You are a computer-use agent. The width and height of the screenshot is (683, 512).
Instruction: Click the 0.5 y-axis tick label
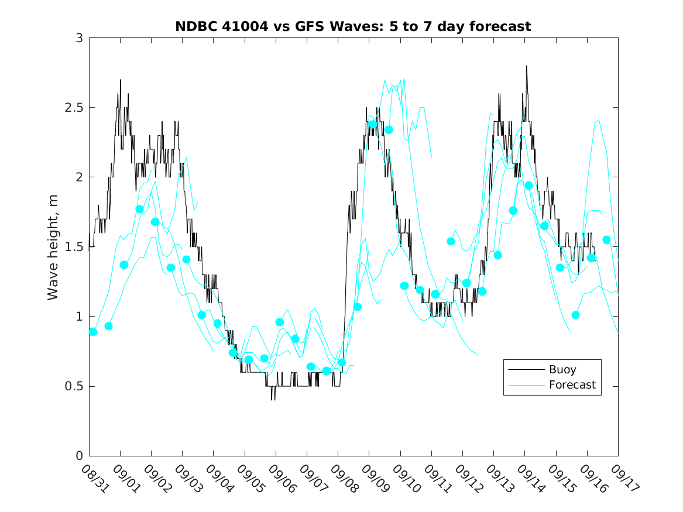pyautogui.click(x=75, y=386)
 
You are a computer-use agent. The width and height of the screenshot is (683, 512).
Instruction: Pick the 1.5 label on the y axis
pyautogui.click(x=75, y=247)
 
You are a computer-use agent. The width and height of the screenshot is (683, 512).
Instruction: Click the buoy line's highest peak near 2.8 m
pyautogui.click(x=526, y=66)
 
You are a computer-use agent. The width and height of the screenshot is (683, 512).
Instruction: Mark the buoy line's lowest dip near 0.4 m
pyautogui.click(x=273, y=399)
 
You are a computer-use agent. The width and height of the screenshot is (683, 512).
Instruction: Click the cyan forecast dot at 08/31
pyautogui.click(x=93, y=332)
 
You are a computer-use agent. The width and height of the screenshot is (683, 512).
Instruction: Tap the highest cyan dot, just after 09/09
pyautogui.click(x=373, y=124)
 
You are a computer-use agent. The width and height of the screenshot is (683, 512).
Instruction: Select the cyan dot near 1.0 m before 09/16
pyautogui.click(x=575, y=315)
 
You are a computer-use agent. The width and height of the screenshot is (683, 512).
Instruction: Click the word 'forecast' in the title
pyautogui.click(x=500, y=27)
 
